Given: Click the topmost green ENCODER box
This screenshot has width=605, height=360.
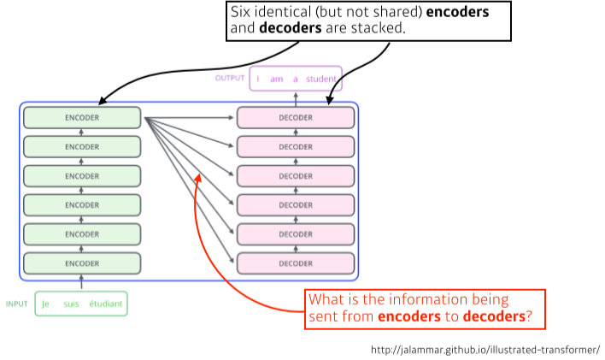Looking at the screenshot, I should point(82,117).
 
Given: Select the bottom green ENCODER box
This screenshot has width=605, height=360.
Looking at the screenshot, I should point(82,263).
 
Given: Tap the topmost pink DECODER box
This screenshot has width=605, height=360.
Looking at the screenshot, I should point(296,117).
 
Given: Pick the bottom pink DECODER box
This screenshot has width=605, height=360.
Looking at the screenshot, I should point(296,263).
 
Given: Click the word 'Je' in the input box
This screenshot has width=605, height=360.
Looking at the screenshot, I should point(46,304).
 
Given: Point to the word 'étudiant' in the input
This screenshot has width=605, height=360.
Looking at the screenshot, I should point(106,304).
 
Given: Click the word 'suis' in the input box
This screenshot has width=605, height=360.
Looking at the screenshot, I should point(70,304).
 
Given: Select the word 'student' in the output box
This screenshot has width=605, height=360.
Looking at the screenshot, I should point(322,79).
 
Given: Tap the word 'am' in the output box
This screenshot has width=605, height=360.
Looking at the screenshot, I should point(276,79).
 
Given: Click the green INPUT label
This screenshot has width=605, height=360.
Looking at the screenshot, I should point(17,304).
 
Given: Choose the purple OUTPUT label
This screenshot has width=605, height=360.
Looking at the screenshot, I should point(229,78).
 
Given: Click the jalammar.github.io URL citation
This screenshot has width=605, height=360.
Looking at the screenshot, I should point(485,350).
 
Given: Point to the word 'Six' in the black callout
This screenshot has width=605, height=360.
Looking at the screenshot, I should point(240,13).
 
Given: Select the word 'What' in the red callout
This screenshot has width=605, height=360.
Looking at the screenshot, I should point(326,300).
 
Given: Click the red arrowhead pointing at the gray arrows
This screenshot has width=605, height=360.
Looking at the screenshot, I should point(198,177).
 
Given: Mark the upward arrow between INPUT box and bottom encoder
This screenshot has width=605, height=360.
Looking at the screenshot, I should point(82,282).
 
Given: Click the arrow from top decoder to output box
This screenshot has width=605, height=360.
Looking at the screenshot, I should point(296,98).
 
